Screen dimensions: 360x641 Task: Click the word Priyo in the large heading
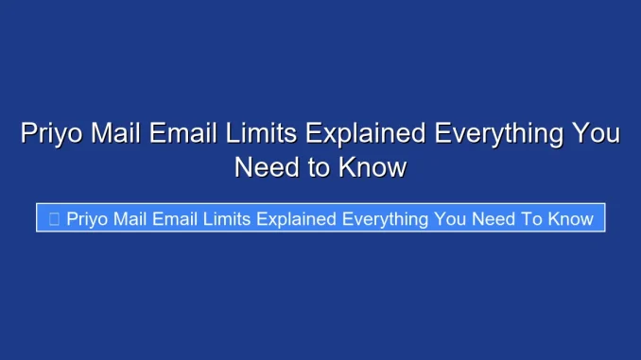click(x=53, y=134)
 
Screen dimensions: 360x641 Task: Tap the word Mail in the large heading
click(x=123, y=134)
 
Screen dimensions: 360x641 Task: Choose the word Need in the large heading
click(x=267, y=168)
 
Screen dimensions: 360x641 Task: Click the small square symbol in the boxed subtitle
click(x=54, y=219)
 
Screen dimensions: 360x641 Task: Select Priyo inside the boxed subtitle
click(x=87, y=219)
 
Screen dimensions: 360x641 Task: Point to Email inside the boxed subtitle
click(x=184, y=219)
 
